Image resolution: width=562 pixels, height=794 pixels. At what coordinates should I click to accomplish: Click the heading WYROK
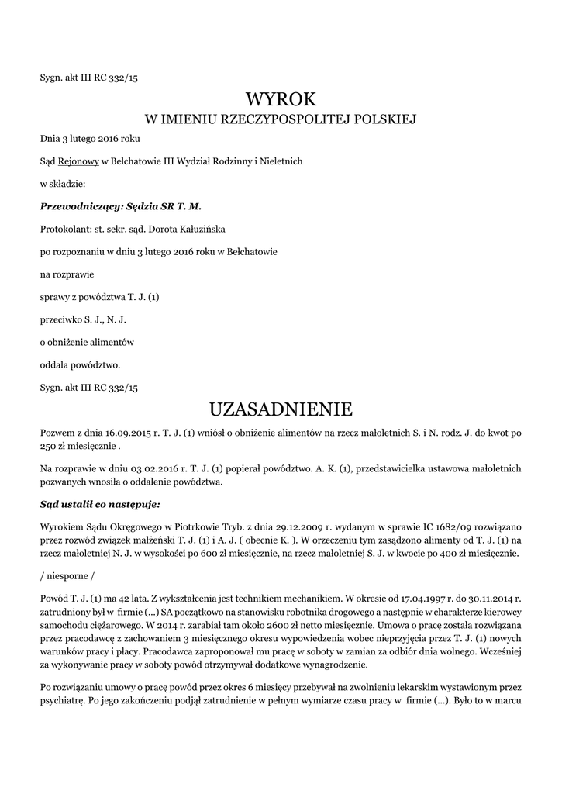(x=281, y=99)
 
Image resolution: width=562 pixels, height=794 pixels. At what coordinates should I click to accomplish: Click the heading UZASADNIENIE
(x=281, y=409)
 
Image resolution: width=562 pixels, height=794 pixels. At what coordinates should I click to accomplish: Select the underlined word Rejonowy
(x=78, y=161)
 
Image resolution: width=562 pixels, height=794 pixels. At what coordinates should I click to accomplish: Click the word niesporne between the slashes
(x=69, y=575)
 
